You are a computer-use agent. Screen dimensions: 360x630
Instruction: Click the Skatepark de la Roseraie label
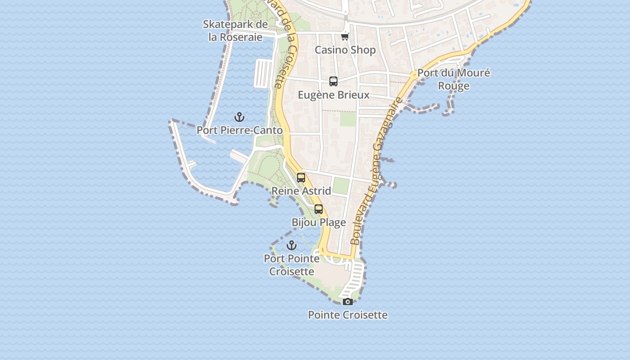tap(235, 31)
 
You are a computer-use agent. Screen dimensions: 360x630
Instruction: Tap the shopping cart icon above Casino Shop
tap(345, 36)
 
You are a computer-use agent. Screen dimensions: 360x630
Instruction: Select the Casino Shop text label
tap(345, 50)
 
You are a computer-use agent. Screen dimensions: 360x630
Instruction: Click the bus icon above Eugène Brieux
tap(333, 81)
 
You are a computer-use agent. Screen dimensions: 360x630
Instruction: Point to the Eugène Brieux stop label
tap(333, 95)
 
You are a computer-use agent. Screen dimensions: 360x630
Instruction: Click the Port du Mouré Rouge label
tap(454, 79)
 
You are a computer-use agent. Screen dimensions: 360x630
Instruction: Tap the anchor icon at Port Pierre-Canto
tap(239, 117)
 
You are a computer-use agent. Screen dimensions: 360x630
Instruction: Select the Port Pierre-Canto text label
tap(239, 130)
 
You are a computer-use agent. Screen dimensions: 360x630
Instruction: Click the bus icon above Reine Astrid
tap(301, 178)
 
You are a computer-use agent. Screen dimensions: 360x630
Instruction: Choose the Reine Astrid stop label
tap(301, 191)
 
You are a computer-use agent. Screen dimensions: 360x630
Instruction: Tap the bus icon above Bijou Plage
tap(319, 209)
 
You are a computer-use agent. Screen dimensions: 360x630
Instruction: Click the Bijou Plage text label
tap(319, 222)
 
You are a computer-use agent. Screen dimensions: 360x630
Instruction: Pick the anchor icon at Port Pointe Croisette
tap(292, 245)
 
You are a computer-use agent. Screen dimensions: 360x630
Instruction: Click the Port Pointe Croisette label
tap(292, 265)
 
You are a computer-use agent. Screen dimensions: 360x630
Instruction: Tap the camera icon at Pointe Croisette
tap(348, 301)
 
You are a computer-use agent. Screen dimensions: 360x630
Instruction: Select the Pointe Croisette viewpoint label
tap(348, 315)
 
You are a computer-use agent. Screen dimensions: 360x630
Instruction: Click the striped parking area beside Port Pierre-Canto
tap(263, 73)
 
